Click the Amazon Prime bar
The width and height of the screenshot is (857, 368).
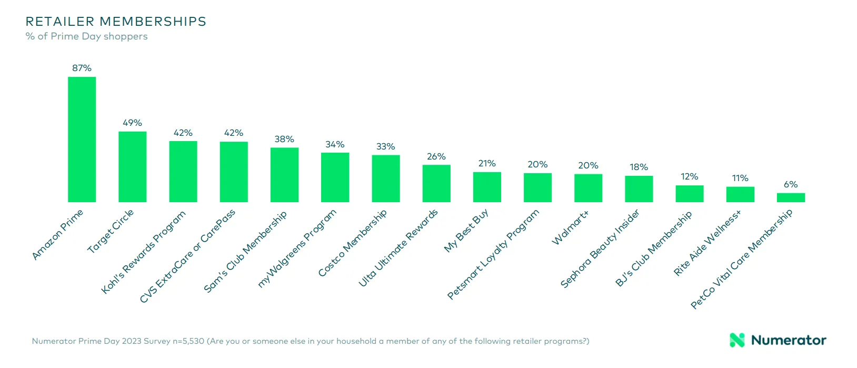82,139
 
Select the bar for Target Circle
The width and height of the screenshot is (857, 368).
132,167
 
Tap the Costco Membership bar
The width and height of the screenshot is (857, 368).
386,178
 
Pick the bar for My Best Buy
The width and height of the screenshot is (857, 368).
487,187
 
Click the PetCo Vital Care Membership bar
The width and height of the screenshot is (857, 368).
791,197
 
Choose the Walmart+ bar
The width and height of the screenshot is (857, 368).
588,188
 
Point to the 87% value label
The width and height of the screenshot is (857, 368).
82,68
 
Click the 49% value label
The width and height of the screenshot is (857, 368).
132,123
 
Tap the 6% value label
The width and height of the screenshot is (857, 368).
791,184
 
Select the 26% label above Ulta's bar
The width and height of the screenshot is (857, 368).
436,156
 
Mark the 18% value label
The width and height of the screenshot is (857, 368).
639,167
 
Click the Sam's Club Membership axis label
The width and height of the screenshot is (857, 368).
245,251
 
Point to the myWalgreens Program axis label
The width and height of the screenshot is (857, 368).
297,248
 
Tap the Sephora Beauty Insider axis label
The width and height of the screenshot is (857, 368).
600,248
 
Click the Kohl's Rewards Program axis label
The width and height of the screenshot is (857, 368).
144,252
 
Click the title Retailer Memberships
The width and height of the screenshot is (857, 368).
116,22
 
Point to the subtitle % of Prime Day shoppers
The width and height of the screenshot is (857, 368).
86,36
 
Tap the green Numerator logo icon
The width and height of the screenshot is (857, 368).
738,340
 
